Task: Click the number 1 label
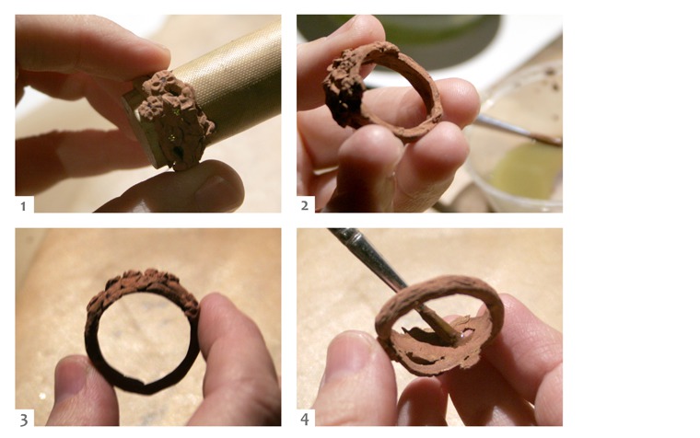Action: tap(23, 206)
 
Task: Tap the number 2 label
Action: tap(305, 205)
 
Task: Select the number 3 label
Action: tap(24, 420)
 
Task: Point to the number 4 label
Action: tap(305, 420)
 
